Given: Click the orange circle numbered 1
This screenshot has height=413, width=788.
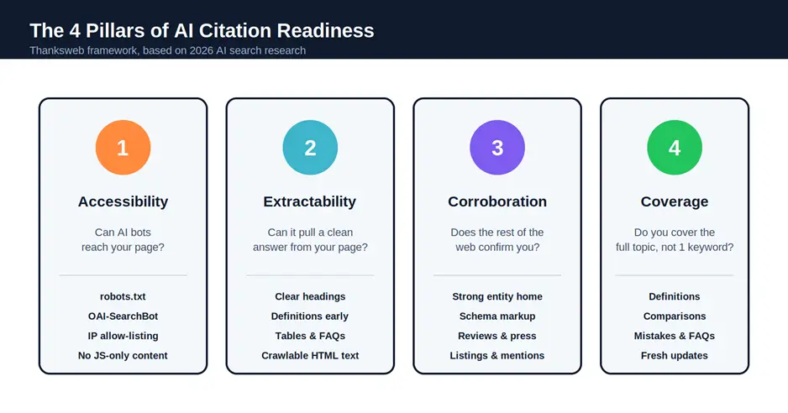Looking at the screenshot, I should [x=123, y=148].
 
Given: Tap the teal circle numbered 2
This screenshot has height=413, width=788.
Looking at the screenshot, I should [x=310, y=148].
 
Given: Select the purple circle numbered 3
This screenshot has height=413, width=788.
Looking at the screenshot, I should [x=497, y=148].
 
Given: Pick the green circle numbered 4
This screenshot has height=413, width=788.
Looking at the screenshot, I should [x=674, y=148].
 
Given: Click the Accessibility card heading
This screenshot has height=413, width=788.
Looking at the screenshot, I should [x=123, y=201].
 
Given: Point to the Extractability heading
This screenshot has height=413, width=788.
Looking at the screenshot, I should [x=310, y=201].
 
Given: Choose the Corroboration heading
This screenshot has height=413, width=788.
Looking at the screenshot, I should [x=497, y=201].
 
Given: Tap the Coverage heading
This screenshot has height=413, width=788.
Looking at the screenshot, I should [x=674, y=201].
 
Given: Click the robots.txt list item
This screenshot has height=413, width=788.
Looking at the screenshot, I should [x=123, y=296].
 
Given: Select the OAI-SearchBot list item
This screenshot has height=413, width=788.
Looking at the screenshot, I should [x=123, y=316].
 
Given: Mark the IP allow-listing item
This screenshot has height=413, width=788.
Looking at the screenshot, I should [x=123, y=336].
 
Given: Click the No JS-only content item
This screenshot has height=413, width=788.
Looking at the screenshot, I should [x=123, y=355].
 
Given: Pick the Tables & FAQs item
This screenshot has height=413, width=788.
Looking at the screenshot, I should [x=310, y=336].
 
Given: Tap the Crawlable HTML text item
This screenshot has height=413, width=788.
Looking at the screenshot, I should [x=310, y=355].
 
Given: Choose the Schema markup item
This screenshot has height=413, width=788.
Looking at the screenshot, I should [x=497, y=316].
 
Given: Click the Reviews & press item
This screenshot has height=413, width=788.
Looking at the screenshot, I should [x=497, y=336].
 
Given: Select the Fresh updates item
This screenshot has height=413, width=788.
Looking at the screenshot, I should [x=674, y=355].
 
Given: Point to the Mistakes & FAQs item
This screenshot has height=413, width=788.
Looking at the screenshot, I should [x=674, y=336].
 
